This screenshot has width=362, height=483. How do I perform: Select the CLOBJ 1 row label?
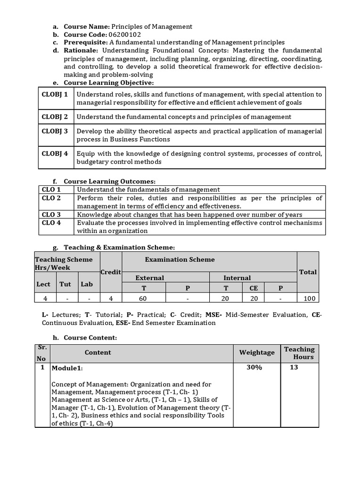coord(55,94)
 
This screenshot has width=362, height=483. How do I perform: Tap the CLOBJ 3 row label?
coord(55,131)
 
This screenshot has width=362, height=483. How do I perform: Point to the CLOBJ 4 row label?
coord(55,153)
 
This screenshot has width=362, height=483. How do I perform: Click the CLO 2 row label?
coord(51,198)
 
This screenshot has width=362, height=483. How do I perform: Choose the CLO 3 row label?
coord(51,215)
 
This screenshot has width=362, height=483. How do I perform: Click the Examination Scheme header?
coord(180,259)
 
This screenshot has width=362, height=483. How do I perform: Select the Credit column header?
coord(111,272)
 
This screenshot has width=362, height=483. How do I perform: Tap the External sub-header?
coord(150,278)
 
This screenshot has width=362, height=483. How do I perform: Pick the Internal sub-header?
coord(237,278)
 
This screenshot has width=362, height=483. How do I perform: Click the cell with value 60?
coord(143,298)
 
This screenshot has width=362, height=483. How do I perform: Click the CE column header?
coord(254,288)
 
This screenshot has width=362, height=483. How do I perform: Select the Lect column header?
coord(43,284)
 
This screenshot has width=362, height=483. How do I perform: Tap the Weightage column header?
coord(257,352)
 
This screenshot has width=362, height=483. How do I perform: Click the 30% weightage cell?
coord(254,367)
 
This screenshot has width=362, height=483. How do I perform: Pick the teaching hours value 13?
coord(294,367)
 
